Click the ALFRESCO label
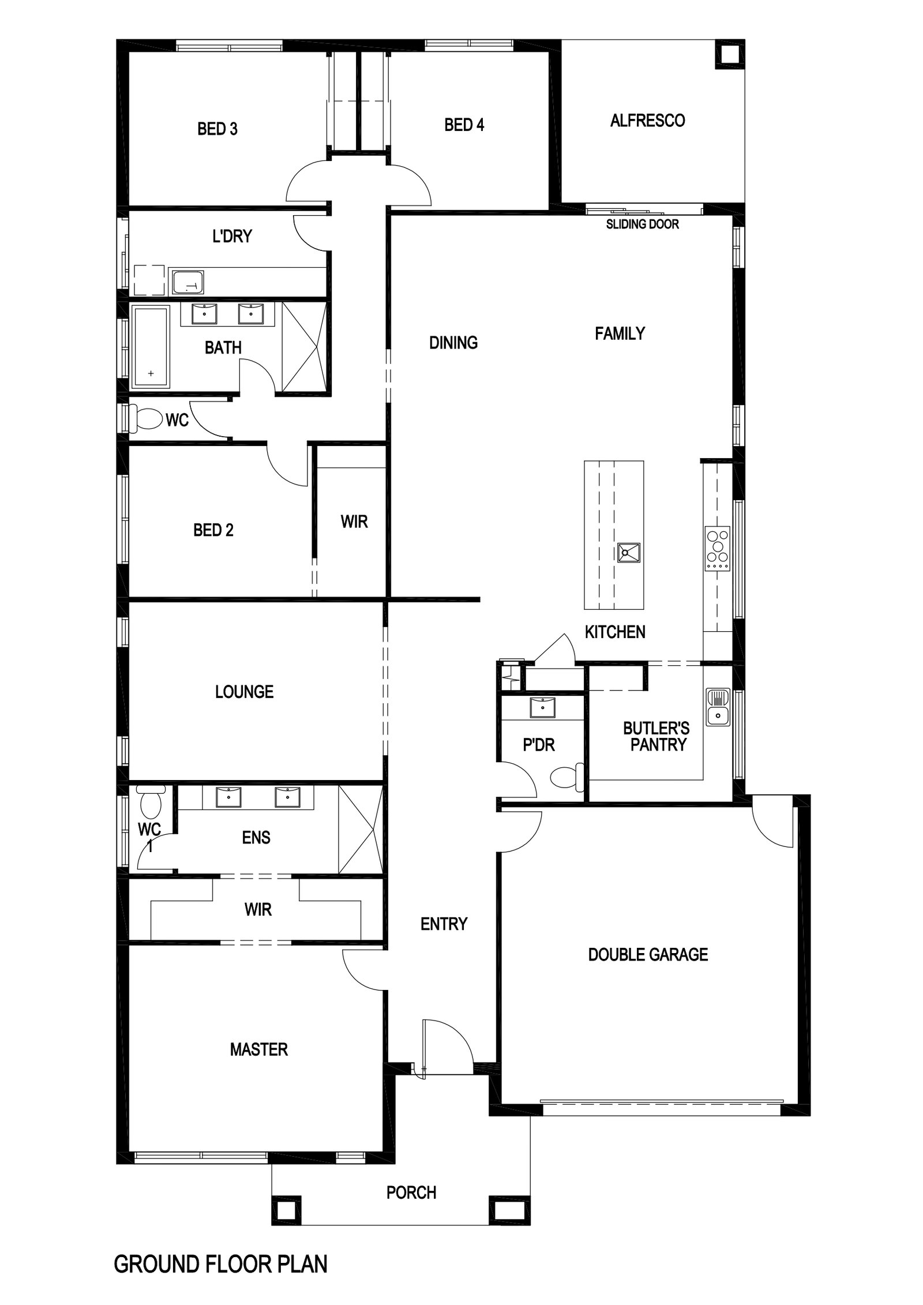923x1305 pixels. pyautogui.click(x=647, y=121)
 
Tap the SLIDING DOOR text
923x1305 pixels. pyautogui.click(x=642, y=224)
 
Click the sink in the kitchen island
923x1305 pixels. pyautogui.click(x=628, y=553)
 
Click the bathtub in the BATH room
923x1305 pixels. pyautogui.click(x=151, y=346)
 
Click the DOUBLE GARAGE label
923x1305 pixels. pyautogui.click(x=648, y=954)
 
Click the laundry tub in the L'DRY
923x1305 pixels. pyautogui.click(x=188, y=282)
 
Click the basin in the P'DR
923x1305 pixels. pyautogui.click(x=542, y=706)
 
